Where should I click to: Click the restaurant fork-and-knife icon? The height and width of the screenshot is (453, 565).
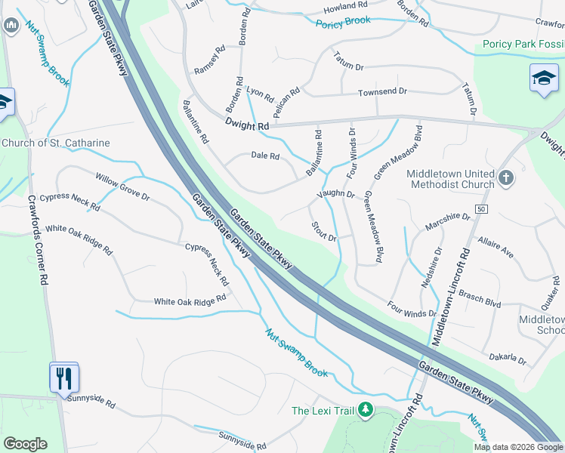[63, 376]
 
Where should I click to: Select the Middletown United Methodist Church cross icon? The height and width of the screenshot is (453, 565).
[506, 178]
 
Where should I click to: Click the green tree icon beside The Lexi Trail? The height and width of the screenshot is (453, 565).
[366, 410]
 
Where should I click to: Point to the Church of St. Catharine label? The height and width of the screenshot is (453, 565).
[56, 143]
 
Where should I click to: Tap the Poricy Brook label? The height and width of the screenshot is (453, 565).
[344, 20]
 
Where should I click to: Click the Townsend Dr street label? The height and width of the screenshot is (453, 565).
[382, 91]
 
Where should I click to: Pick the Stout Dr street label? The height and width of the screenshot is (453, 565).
[323, 231]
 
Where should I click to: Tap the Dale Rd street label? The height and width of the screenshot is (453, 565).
[264, 156]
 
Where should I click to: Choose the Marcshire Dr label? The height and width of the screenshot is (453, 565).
[447, 221]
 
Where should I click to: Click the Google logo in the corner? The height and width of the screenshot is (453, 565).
[25, 443]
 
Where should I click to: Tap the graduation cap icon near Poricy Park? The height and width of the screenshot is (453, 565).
[544, 79]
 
